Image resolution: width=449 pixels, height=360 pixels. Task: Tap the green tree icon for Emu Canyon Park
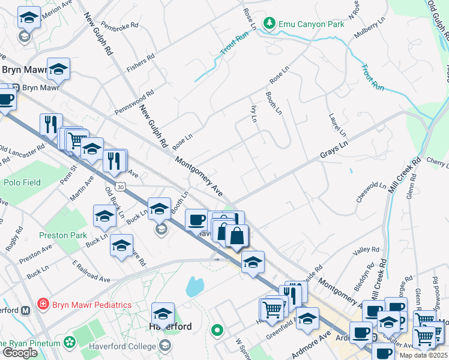[x=270, y=24]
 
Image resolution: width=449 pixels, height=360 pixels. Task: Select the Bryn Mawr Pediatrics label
[x=91, y=305]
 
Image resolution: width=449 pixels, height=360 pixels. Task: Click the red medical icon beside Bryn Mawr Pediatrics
[x=43, y=305]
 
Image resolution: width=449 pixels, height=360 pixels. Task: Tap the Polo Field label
[x=22, y=182]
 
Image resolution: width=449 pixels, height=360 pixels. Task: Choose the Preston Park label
[x=63, y=235]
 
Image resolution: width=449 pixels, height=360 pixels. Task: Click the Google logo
[x=20, y=353]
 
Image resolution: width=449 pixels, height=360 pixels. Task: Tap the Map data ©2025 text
[x=424, y=355]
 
